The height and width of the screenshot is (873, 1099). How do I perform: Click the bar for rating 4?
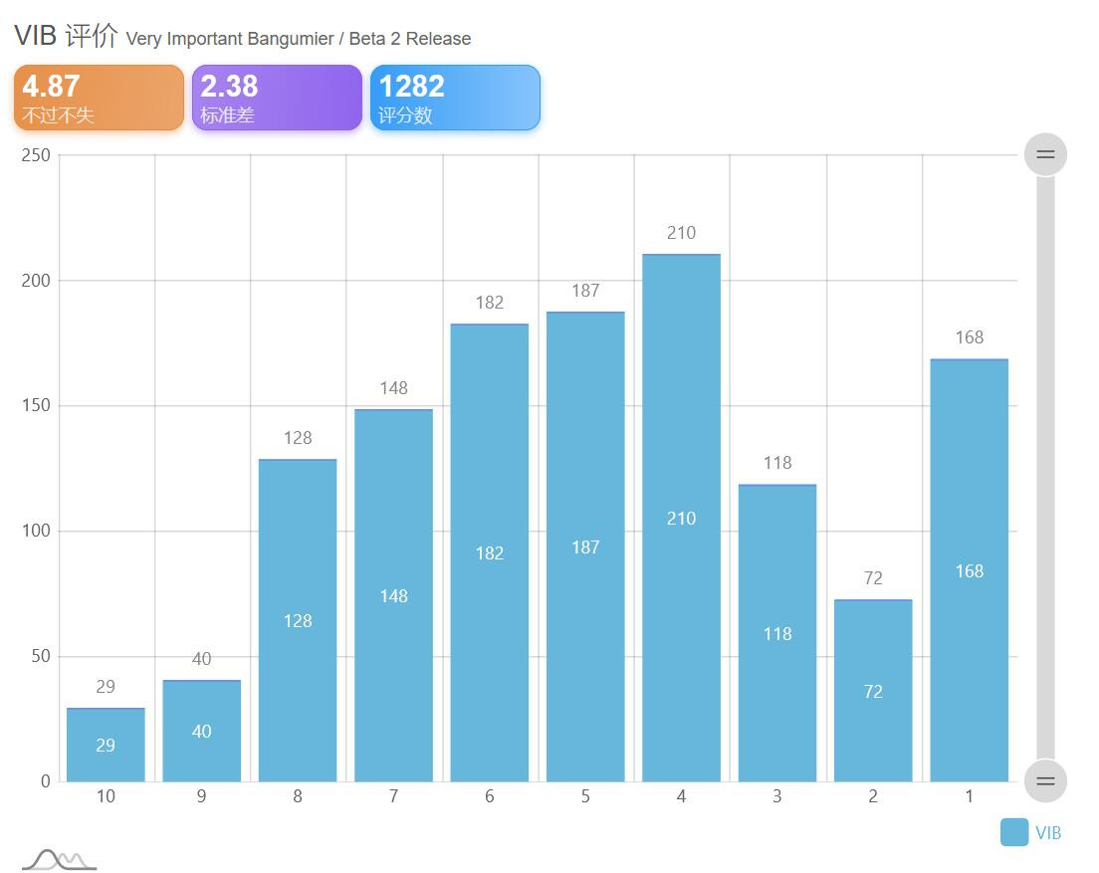pyautogui.click(x=681, y=518)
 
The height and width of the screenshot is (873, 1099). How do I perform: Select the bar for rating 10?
pyautogui.click(x=106, y=745)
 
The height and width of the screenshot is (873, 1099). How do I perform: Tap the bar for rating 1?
pyautogui.click(x=970, y=570)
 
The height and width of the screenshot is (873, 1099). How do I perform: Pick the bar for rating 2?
pyautogui.click(x=873, y=691)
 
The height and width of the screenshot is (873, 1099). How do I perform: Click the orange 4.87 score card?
pyautogui.click(x=99, y=98)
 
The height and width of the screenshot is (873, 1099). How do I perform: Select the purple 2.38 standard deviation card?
pyautogui.click(x=277, y=98)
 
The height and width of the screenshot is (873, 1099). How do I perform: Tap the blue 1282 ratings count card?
pyautogui.click(x=455, y=98)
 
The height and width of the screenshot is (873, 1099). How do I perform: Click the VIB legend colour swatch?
pyautogui.click(x=1014, y=832)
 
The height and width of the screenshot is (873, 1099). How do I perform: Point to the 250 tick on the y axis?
pyautogui.click(x=36, y=155)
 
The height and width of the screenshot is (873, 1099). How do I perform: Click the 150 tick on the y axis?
pyautogui.click(x=36, y=405)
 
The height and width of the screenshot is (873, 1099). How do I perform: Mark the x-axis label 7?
pyautogui.click(x=394, y=796)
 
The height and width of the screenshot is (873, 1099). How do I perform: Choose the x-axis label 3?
pyautogui.click(x=777, y=796)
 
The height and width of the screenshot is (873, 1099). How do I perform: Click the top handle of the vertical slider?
pyautogui.click(x=1045, y=154)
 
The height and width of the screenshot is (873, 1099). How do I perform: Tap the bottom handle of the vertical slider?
pyautogui.click(x=1045, y=781)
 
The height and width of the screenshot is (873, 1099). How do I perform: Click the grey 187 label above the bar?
pyautogui.click(x=585, y=290)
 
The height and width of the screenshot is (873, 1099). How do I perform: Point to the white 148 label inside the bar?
pyautogui.click(x=394, y=595)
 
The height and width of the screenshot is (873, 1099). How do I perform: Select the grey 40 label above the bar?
pyautogui.click(x=202, y=659)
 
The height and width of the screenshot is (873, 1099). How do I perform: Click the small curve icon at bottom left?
pyautogui.click(x=60, y=860)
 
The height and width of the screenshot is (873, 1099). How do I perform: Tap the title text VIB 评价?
pyautogui.click(x=66, y=35)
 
